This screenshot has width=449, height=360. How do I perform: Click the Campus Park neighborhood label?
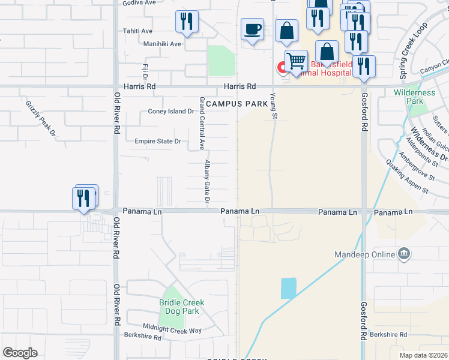click(x=237, y=104)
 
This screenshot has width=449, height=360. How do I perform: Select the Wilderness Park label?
click(x=414, y=97)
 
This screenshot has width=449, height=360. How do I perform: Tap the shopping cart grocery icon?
click(x=296, y=61)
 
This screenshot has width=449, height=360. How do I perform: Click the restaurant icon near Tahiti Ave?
click(x=187, y=22)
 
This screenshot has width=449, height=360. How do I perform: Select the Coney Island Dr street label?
click(x=171, y=111)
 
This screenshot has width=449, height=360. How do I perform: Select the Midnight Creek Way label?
click(x=168, y=330)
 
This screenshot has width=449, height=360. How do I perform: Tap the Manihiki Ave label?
click(x=162, y=44)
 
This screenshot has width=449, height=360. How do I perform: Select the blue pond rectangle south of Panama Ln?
click(x=288, y=289)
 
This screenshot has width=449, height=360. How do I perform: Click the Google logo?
click(x=20, y=353)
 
